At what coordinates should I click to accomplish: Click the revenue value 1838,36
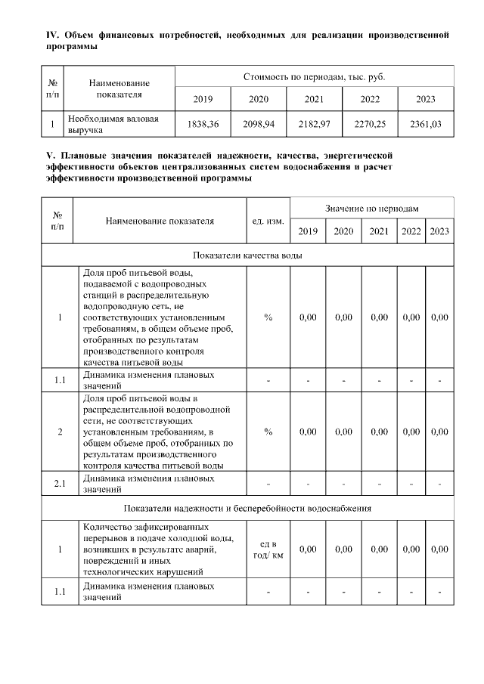point(203,124)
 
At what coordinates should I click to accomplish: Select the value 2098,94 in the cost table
point(259,124)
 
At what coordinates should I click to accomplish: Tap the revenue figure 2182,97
point(314,124)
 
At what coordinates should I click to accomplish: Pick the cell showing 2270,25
point(370,124)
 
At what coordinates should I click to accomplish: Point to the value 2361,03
point(426,124)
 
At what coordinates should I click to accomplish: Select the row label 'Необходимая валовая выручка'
point(113,124)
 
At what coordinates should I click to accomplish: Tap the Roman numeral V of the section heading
point(49,155)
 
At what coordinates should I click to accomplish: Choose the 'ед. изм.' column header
point(268,221)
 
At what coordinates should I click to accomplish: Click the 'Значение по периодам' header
point(372,207)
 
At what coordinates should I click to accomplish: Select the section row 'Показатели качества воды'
point(248,255)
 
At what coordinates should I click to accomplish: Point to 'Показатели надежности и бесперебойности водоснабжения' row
point(248,508)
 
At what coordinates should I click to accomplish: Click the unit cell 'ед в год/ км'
point(268,549)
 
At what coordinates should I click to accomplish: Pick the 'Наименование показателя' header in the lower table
point(160,221)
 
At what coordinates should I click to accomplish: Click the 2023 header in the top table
point(426,99)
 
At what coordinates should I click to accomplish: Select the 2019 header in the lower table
point(308,231)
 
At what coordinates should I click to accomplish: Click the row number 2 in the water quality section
point(60,432)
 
